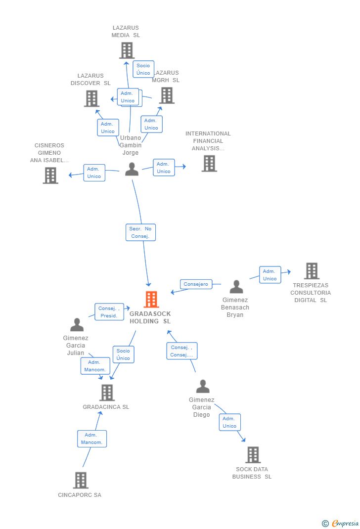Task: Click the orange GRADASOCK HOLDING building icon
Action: coord(151,300)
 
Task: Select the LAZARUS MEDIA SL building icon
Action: coord(127,50)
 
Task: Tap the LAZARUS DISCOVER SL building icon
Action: coord(92,98)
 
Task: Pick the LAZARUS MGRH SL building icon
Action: coord(167,95)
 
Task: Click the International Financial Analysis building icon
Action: coord(209,164)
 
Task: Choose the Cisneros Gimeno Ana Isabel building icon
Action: coord(50,176)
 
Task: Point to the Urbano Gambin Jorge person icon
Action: coord(132,169)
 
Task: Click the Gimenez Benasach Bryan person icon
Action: coord(236,287)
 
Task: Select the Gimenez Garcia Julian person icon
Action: coord(77,325)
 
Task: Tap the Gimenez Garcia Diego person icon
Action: coord(203,386)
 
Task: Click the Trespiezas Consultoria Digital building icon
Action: coord(312,271)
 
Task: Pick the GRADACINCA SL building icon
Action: coord(107,393)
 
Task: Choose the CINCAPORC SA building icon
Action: coord(81,480)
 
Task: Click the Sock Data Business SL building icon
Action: coord(253,455)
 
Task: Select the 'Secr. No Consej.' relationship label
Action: coord(140,232)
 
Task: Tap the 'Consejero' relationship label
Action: coord(196,284)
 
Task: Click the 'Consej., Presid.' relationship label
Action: coord(109,312)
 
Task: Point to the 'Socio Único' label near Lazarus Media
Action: coord(143,69)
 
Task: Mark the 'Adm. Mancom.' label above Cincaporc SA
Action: coord(92,439)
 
